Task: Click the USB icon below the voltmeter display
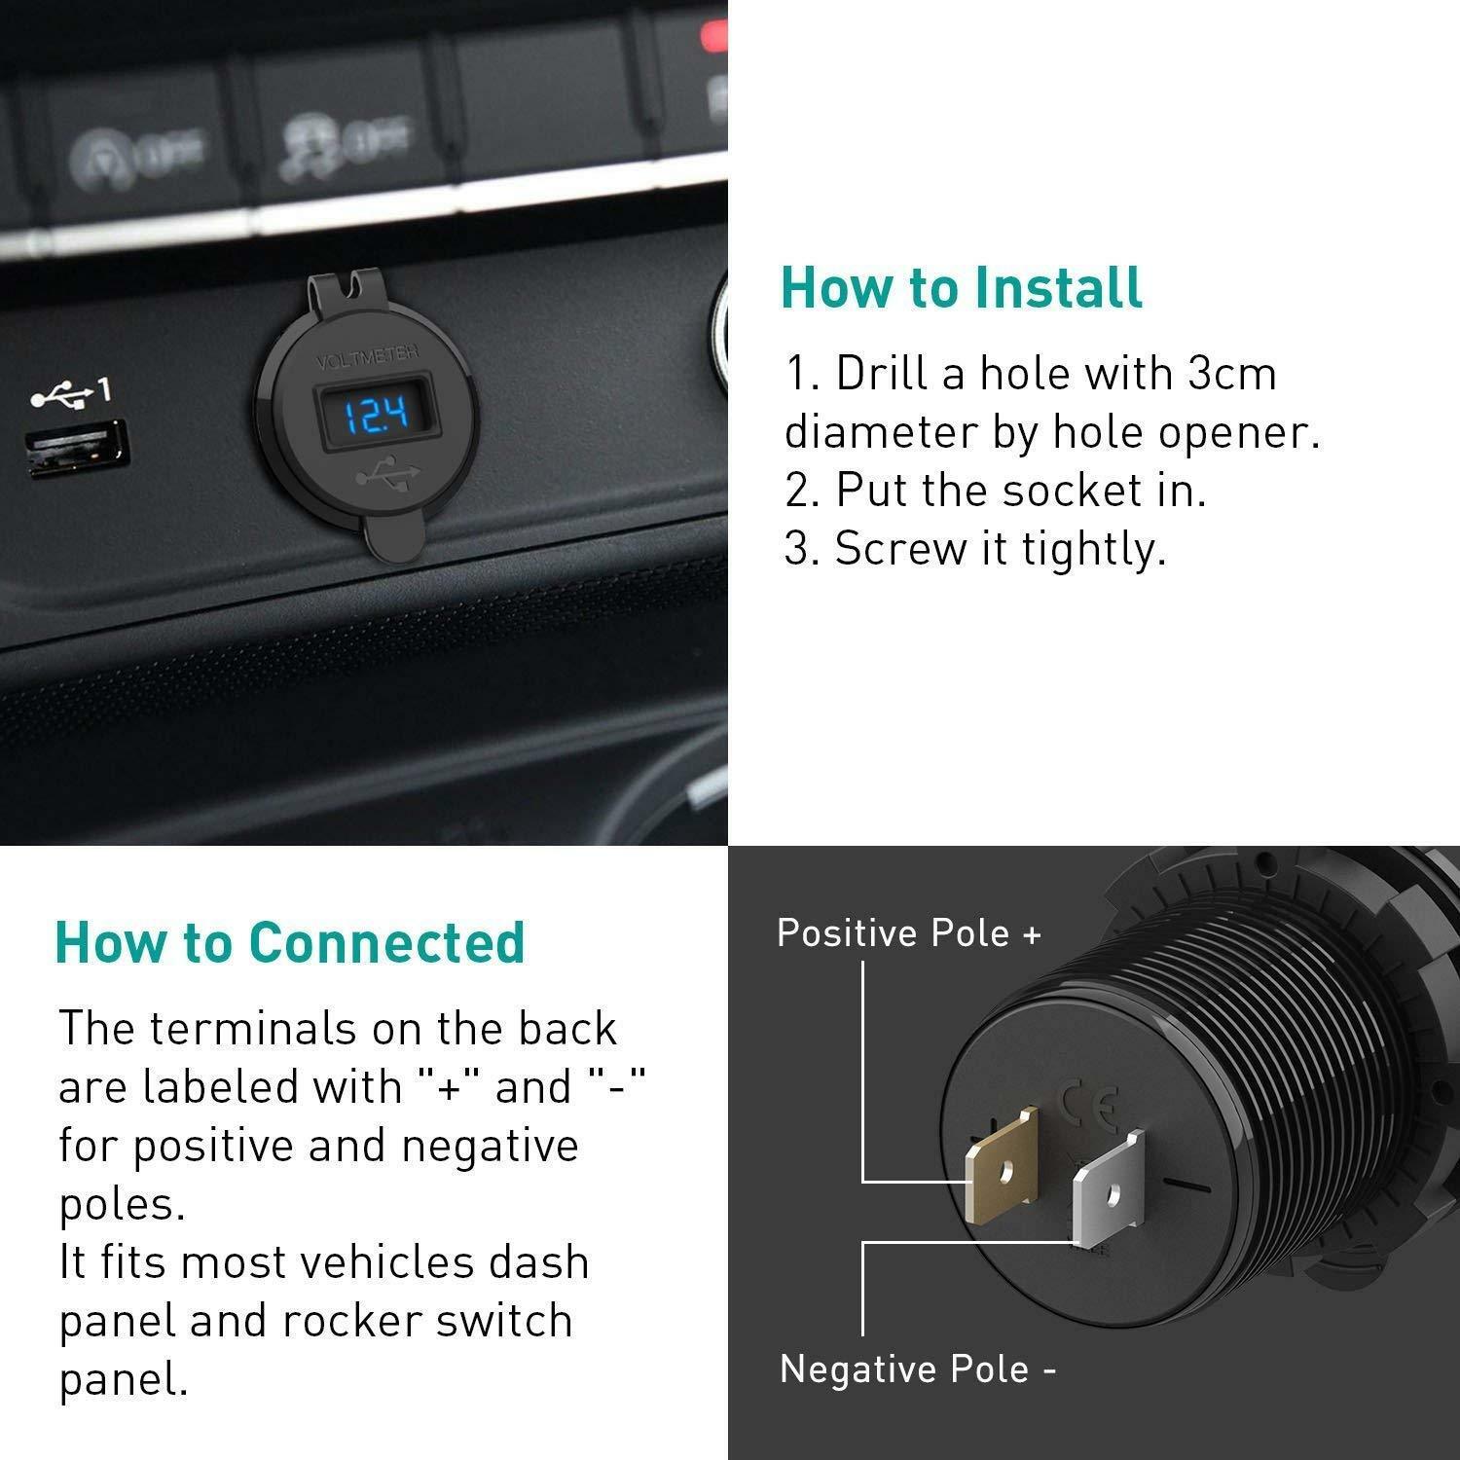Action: point(388,476)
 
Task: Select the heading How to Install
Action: point(962,288)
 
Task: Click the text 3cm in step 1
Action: point(1231,374)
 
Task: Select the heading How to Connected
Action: point(290,942)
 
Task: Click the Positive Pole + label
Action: point(909,933)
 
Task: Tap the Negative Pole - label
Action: point(918,1369)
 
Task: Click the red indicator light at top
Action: point(714,36)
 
